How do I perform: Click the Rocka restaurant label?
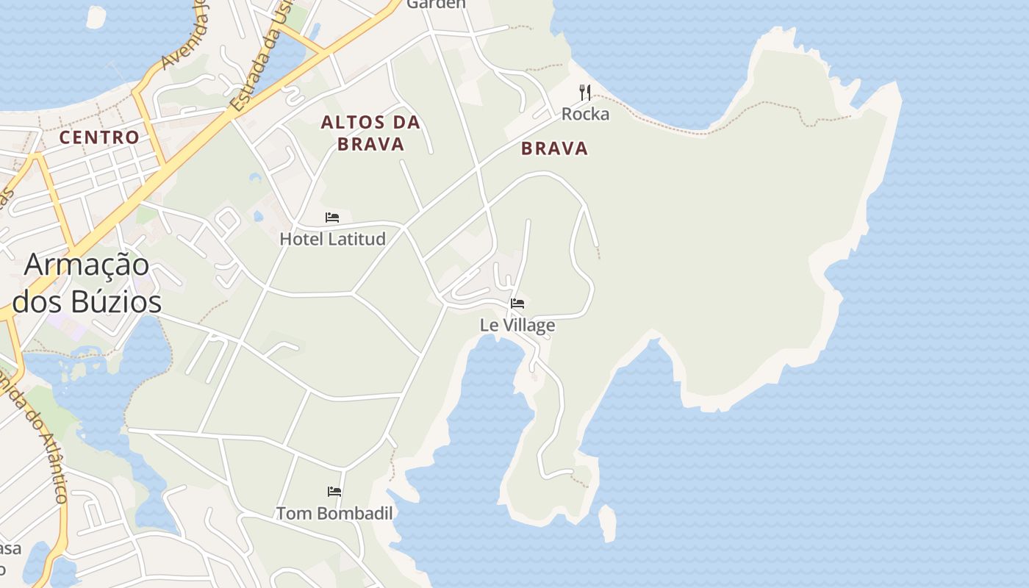coord(585,114)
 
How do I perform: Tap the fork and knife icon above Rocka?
coord(585,93)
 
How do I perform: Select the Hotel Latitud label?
coord(332,239)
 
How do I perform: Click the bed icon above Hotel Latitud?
coord(332,218)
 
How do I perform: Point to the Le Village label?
coord(517,325)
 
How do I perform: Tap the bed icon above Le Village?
coord(517,303)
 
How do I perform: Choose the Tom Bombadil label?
coord(334,513)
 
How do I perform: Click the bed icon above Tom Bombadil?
coord(334,491)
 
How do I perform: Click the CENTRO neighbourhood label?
coord(99,137)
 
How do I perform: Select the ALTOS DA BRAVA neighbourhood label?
coord(370,133)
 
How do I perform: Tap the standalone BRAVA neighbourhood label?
coord(555,148)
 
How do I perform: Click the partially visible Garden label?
coord(436,4)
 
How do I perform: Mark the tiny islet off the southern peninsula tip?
coord(607,523)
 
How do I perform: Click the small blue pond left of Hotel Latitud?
coord(258,216)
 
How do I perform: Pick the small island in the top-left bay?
coord(96,16)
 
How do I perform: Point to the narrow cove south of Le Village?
coord(489,412)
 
